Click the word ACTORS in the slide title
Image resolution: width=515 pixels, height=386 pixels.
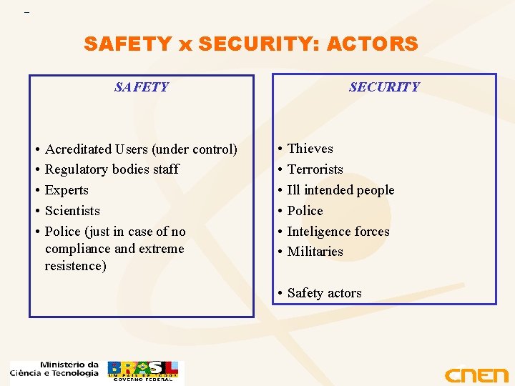point(372,44)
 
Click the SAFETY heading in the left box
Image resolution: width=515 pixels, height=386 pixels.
point(142,87)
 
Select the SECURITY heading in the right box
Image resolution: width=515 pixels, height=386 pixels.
point(384,87)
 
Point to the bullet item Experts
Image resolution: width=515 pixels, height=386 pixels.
point(67,190)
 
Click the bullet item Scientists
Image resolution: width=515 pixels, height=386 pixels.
point(72,211)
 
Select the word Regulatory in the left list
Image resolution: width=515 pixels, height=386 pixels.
point(75,169)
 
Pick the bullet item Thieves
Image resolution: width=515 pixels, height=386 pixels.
point(310,149)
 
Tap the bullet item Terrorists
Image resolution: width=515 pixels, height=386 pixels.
point(315,169)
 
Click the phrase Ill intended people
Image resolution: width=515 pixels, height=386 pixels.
point(340,190)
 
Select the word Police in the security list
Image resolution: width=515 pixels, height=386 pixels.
point(305,211)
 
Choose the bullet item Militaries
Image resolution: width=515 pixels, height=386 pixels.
point(315,252)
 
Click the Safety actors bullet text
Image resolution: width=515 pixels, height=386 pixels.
point(324,293)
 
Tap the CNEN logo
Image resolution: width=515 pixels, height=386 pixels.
point(476,375)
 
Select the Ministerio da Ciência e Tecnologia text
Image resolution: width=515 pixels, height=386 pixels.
point(55,369)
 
